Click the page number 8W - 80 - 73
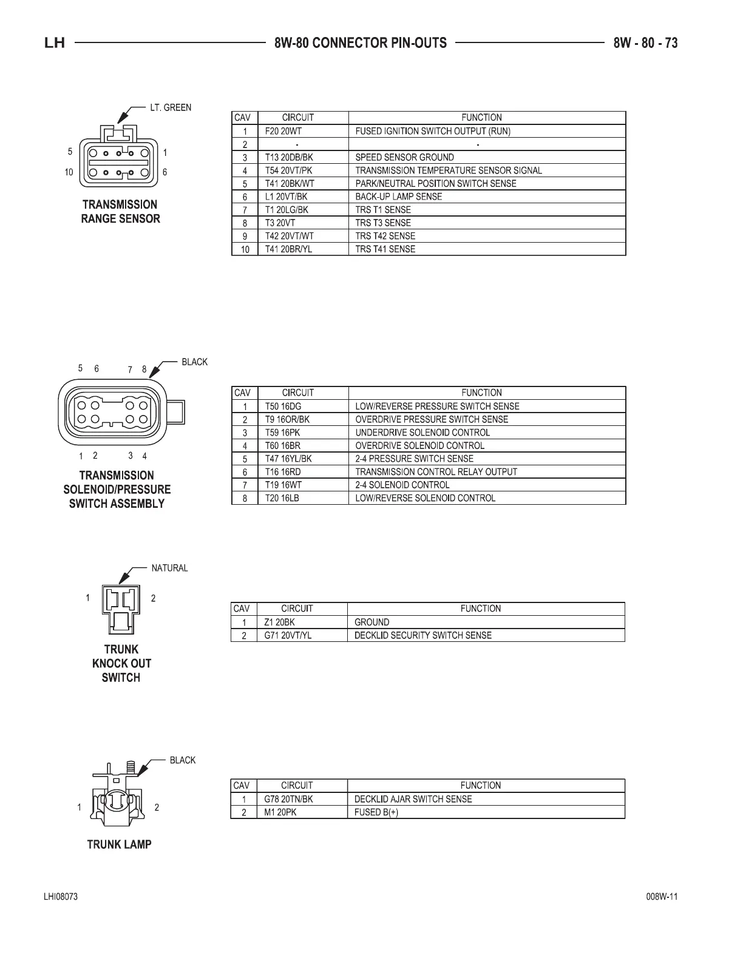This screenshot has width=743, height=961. click(645, 43)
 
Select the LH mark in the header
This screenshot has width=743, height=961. click(55, 44)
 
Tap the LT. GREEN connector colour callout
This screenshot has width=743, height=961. click(170, 108)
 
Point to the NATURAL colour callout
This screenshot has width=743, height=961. click(169, 568)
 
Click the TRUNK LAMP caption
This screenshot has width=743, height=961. click(119, 844)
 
